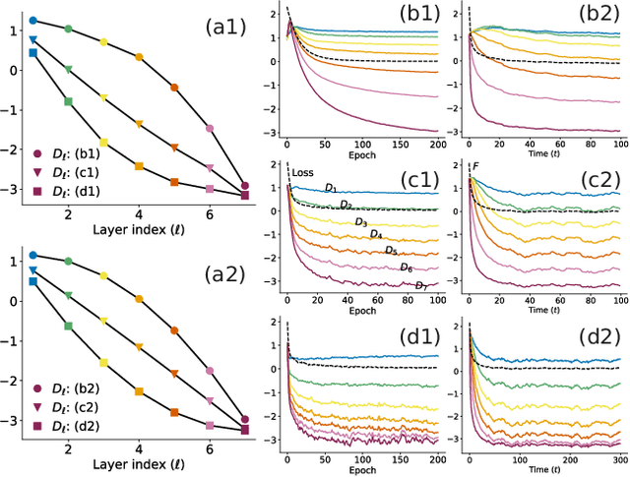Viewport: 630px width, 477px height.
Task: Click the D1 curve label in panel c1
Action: pos(332,187)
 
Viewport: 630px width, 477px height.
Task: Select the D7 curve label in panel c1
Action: pos(421,285)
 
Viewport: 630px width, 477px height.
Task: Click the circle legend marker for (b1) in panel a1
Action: pos(36,153)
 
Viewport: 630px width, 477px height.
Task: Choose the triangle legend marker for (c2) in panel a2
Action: pos(36,407)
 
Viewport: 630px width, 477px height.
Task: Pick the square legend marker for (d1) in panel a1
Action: pos(36,193)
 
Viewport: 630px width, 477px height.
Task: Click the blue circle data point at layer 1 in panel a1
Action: pos(32,20)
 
